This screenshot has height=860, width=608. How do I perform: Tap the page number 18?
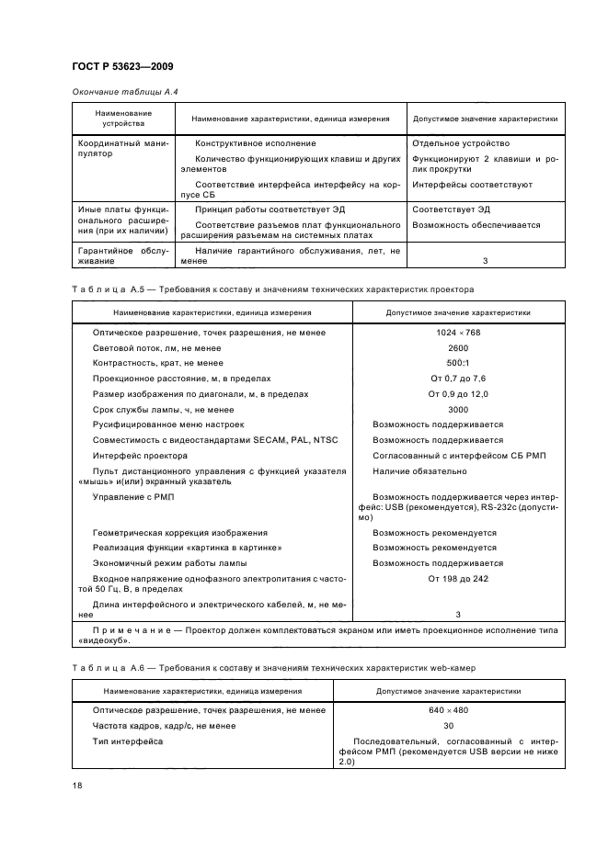77,786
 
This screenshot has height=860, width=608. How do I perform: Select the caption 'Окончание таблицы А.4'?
118,92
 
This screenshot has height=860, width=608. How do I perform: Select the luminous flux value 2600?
458,347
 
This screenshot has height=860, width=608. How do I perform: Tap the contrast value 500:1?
458,363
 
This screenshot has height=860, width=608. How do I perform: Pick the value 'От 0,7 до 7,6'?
458,379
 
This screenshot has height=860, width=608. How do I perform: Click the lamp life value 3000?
458,410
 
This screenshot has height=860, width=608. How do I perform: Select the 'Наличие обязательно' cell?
419,471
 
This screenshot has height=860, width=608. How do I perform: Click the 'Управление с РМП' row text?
133,497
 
